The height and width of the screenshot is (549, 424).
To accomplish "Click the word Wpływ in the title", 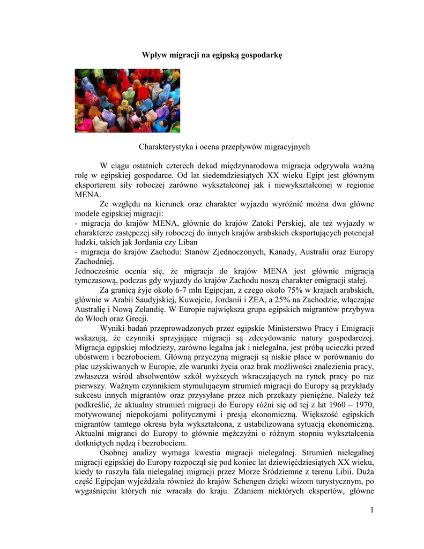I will click(154, 55).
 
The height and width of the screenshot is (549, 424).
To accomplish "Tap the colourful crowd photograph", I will click(127, 100).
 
